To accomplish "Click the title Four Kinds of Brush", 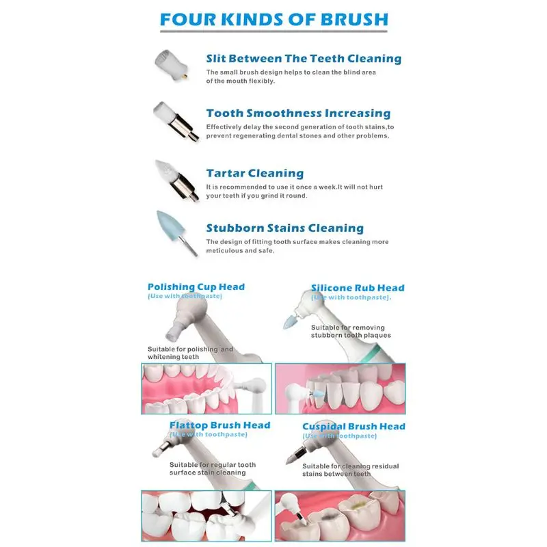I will [273, 18].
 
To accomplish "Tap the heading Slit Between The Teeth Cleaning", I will [304, 59].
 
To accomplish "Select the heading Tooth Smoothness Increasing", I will [298, 114].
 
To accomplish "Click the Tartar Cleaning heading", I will [255, 173].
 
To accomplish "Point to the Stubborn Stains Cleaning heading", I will [285, 228].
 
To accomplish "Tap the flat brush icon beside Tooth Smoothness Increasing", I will [174, 120].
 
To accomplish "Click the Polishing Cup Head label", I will [196, 287].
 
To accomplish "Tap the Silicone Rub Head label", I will [358, 288].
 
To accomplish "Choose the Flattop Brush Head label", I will [220, 425].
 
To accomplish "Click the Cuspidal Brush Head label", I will [353, 427].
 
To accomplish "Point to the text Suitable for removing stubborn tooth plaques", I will [351, 332].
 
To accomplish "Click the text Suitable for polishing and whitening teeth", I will [190, 353].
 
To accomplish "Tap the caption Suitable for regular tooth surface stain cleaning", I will [212, 469].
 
